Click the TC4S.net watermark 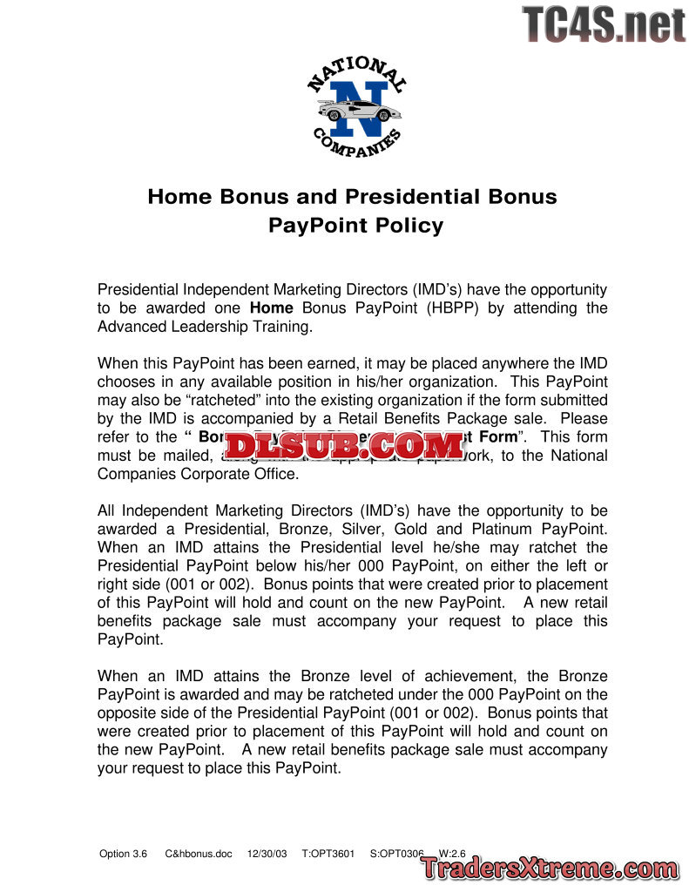[x=604, y=24]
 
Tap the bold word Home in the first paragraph [x=271, y=308]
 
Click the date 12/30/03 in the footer [x=267, y=854]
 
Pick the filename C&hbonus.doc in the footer [x=199, y=854]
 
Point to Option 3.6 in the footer [x=124, y=854]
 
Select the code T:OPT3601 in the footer [x=328, y=854]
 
